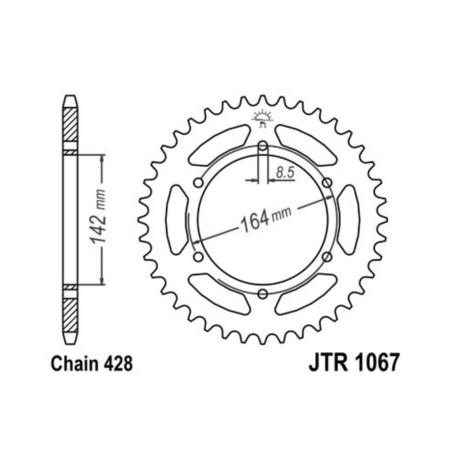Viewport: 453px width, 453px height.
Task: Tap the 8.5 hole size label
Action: [x=285, y=173]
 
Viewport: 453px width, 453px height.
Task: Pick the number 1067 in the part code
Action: [x=377, y=362]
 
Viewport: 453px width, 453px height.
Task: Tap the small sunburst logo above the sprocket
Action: [x=262, y=118]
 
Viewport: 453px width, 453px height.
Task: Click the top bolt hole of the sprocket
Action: [x=263, y=146]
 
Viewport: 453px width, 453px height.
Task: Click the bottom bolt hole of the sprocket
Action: [x=263, y=294]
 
